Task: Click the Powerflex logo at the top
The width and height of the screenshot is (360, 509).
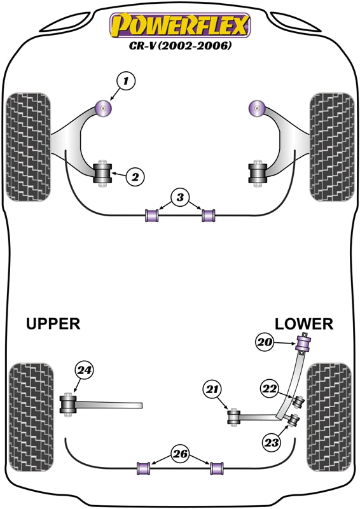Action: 180,26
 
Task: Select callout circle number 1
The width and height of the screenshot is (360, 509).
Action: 126,81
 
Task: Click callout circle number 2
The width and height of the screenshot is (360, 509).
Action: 134,177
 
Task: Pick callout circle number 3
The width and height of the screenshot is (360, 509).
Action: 180,198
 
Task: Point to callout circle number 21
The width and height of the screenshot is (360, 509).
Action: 212,388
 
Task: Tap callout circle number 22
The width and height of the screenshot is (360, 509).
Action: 270,389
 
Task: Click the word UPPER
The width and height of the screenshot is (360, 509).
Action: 53,324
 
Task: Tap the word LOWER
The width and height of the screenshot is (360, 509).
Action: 304,324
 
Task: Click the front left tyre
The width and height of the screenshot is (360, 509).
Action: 28,147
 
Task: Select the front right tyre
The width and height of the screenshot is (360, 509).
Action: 331,147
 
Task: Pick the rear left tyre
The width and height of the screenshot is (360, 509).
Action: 28,417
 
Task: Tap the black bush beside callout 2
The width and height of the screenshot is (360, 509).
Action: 102,174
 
